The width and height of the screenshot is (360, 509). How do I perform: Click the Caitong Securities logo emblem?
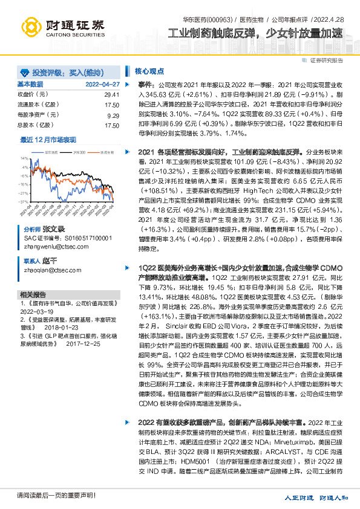(31, 27)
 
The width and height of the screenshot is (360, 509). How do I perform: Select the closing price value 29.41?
(111, 96)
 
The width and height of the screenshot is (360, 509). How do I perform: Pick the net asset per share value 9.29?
(113, 115)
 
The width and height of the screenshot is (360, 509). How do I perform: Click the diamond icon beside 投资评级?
(25, 71)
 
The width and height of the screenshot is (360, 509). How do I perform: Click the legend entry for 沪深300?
(77, 152)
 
